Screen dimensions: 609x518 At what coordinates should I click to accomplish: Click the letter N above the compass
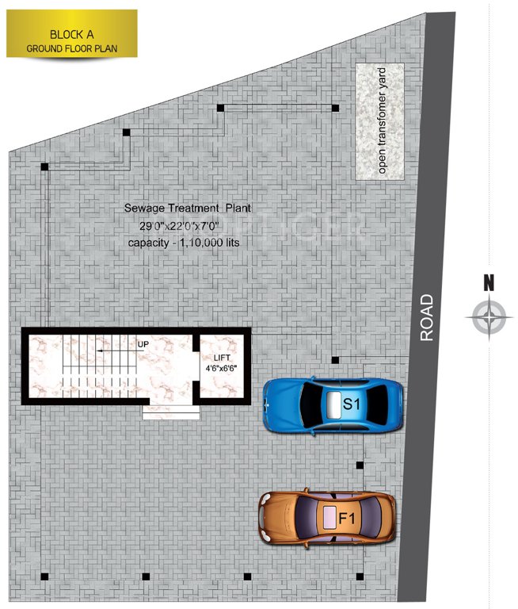click(x=489, y=282)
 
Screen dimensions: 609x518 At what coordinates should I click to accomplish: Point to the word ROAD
click(x=428, y=318)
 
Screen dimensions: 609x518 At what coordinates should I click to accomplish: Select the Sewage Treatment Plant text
click(x=187, y=208)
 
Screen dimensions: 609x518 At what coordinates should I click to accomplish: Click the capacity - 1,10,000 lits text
click(x=183, y=242)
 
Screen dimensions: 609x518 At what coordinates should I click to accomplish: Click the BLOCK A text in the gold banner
click(x=73, y=34)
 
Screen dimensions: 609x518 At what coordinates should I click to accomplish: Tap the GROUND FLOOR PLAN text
click(x=72, y=48)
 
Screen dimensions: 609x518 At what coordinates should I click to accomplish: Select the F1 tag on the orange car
click(x=346, y=519)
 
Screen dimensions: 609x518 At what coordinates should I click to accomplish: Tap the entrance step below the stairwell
click(x=171, y=412)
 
